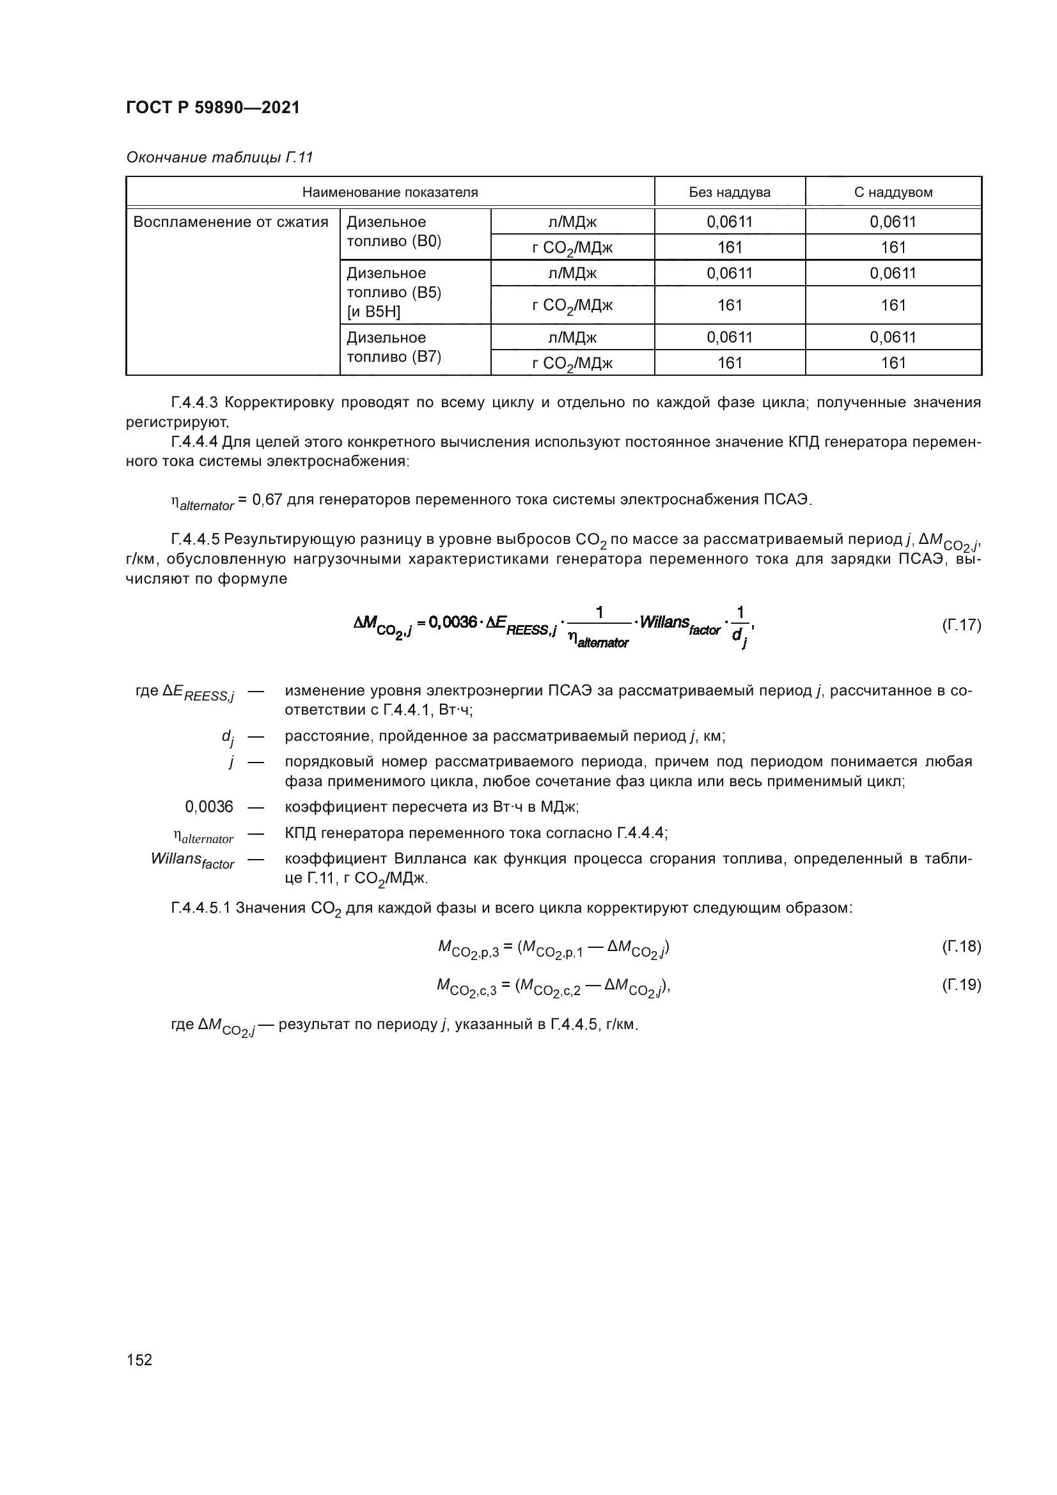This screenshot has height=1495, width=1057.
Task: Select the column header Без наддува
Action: click(730, 192)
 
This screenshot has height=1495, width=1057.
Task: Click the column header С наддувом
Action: click(893, 192)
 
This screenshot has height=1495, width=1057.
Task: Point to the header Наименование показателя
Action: click(389, 192)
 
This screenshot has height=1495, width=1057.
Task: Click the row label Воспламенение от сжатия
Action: click(231, 222)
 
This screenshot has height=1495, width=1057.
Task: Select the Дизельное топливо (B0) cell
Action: click(394, 232)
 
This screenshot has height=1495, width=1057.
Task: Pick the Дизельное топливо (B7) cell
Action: click(394, 347)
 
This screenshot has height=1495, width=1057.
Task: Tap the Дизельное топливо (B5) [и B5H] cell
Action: click(394, 292)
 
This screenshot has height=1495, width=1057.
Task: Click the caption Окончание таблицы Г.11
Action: click(219, 158)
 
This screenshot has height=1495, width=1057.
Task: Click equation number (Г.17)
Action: click(960, 625)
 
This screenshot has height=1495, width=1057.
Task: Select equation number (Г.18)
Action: click(960, 946)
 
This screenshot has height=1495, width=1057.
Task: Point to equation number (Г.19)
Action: click(960, 984)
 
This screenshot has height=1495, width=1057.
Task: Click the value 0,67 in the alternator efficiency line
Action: click(267, 500)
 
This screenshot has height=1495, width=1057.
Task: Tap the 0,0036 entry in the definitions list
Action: click(209, 807)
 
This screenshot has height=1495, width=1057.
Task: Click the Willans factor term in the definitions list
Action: click(192, 860)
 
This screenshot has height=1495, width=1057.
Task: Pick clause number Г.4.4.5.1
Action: click(201, 908)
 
